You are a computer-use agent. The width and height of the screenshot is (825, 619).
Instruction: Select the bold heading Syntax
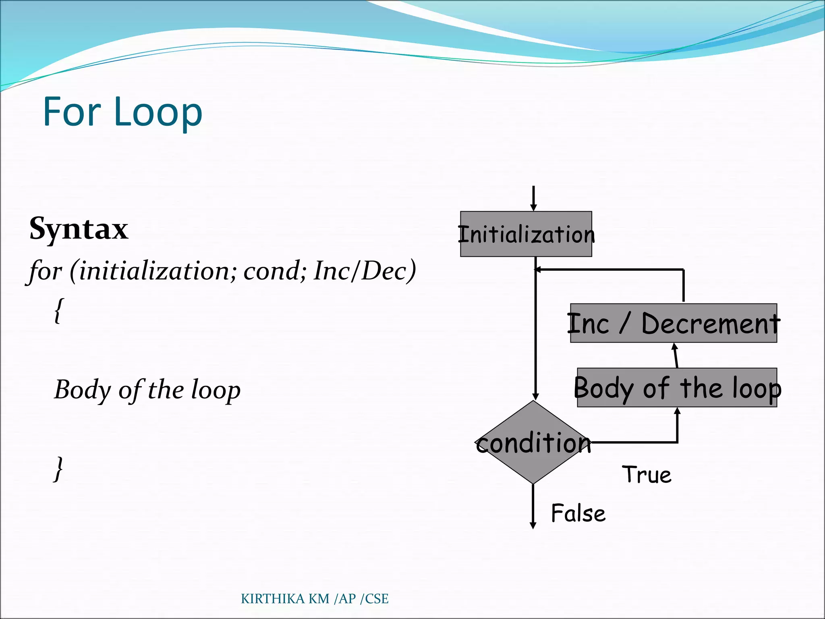[79, 228]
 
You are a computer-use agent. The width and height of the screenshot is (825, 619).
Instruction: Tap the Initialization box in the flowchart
[526, 234]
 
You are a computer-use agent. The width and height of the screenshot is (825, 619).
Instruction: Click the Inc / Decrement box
[673, 323]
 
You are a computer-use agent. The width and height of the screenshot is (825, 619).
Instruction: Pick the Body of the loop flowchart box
[677, 388]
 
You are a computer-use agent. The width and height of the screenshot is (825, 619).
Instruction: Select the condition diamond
[533, 442]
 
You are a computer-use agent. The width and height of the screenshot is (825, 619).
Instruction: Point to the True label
[647, 474]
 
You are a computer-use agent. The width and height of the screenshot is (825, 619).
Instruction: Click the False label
[578, 513]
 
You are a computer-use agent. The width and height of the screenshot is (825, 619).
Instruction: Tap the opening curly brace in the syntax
[58, 310]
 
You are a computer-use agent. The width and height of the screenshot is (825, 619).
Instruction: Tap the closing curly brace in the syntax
[59, 469]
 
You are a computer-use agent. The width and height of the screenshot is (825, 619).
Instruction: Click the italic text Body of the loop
[147, 390]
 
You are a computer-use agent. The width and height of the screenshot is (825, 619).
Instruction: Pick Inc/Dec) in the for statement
[365, 270]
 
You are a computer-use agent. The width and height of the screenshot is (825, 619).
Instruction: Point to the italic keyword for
[46, 270]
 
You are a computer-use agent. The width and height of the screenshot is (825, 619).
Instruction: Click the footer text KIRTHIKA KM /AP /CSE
[315, 599]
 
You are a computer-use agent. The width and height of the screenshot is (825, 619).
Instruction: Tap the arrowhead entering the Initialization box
[533, 207]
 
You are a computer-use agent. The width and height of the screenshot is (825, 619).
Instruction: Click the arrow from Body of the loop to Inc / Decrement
[676, 355]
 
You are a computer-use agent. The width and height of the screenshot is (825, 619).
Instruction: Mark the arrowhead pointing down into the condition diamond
[535, 396]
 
